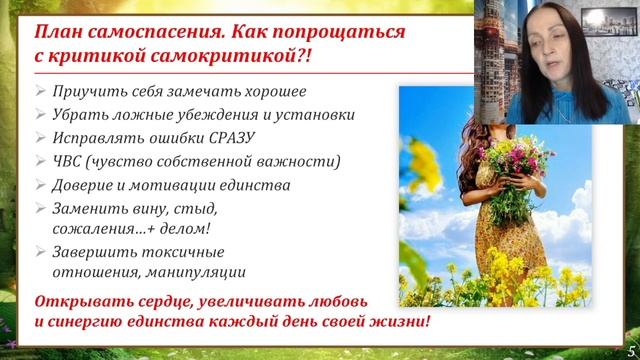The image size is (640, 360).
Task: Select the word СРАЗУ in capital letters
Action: (x=225, y=137)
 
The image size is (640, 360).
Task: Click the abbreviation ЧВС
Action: (x=69, y=161)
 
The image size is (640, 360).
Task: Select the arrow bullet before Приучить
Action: (x=38, y=89)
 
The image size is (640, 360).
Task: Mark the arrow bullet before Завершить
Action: (x=38, y=252)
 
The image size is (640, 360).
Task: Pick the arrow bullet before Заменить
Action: (x=38, y=209)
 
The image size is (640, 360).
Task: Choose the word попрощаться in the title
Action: (x=323, y=31)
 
